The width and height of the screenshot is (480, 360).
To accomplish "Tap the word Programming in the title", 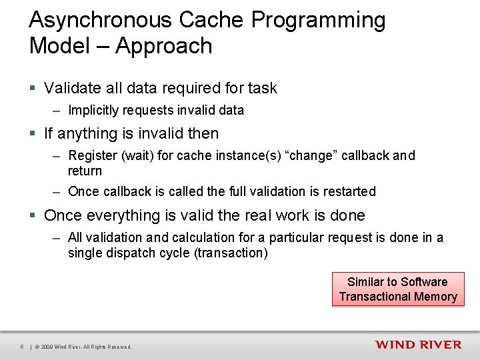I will tap(318, 21).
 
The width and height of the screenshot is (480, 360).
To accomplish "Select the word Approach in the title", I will tap(163, 46).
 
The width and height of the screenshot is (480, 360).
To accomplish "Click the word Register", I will tap(92, 156).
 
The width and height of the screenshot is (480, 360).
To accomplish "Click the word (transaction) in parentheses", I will tap(231, 253).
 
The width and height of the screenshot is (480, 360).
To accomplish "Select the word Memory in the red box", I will tap(435, 297).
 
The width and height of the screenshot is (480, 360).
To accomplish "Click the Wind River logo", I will tap(417, 345).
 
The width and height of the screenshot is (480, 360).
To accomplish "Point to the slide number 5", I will tap(22, 347).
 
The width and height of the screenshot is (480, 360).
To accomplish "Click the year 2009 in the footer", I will tap(47, 347).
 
